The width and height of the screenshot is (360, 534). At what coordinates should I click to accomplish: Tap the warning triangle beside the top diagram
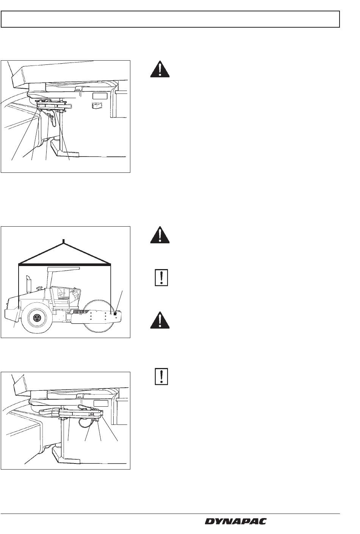tap(160, 69)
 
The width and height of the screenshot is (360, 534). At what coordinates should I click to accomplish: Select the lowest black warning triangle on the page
tap(160, 320)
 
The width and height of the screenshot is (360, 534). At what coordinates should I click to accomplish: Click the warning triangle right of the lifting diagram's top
tap(160, 235)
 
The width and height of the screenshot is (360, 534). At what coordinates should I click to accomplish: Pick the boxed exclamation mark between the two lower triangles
tap(161, 277)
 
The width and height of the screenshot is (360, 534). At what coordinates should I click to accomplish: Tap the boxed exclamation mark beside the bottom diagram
tap(161, 376)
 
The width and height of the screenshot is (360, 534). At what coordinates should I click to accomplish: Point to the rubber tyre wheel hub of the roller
tap(37, 317)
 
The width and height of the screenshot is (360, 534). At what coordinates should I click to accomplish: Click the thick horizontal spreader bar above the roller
tap(64, 264)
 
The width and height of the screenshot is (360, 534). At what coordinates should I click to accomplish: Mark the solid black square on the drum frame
tap(115, 314)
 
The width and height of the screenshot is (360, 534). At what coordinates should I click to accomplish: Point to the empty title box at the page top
tap(170, 19)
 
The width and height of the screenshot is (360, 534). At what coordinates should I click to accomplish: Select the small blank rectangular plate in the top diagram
tap(100, 96)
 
